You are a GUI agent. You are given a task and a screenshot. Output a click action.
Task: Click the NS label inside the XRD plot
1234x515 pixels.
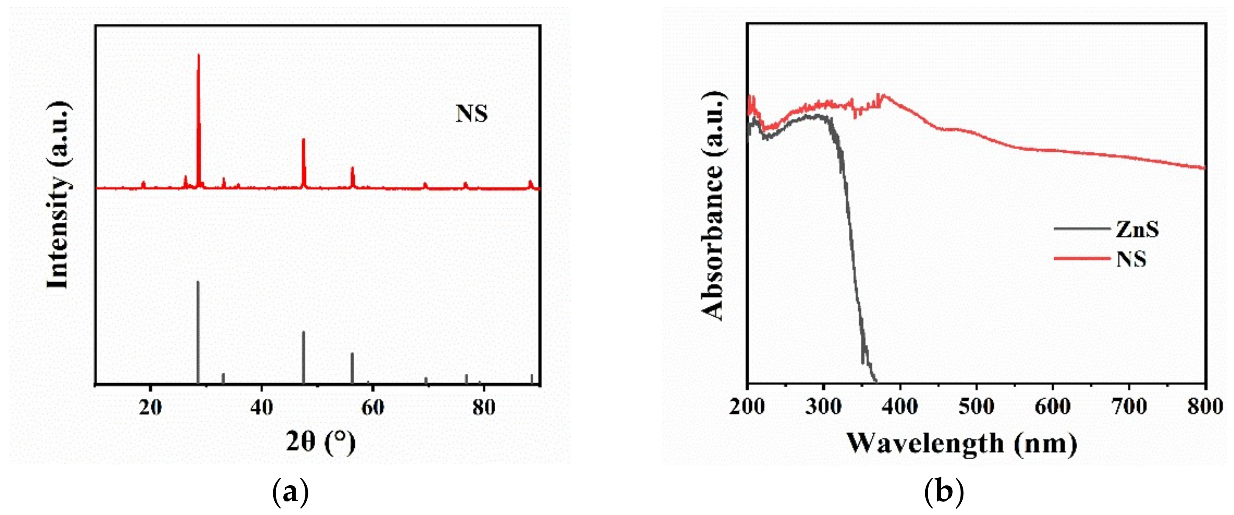click(472, 114)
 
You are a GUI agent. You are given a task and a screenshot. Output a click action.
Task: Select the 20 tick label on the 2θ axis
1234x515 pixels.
click(150, 407)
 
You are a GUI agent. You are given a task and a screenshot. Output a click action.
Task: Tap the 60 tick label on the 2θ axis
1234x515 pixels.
click(372, 407)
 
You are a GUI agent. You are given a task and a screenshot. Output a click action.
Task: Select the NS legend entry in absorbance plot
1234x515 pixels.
click(1131, 259)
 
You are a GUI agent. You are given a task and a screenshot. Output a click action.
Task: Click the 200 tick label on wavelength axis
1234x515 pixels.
click(747, 407)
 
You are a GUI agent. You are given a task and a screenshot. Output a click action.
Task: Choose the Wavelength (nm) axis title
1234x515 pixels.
click(961, 443)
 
